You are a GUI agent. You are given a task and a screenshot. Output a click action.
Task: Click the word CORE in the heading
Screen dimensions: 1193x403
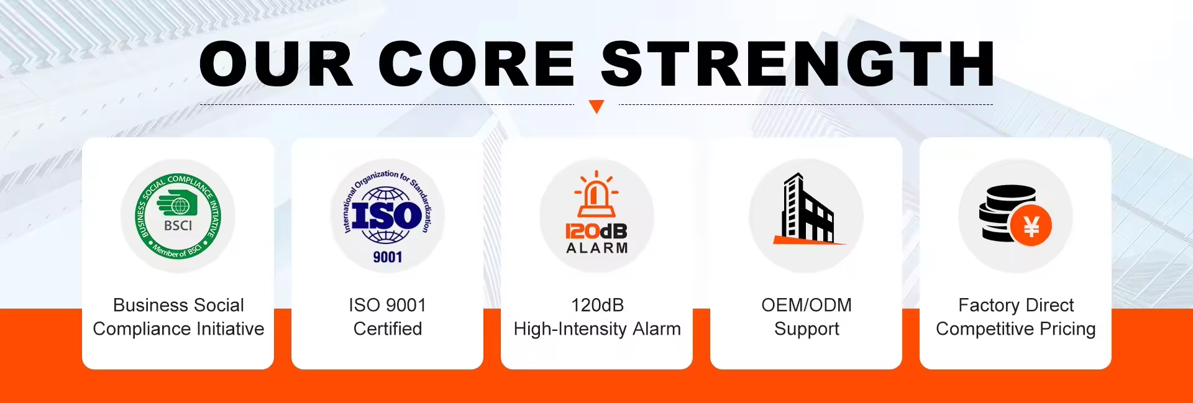click(x=477, y=63)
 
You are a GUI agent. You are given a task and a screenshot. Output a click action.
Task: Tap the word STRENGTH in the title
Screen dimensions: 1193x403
click(x=798, y=63)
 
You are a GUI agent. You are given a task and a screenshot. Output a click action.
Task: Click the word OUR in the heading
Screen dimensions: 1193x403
click(x=276, y=63)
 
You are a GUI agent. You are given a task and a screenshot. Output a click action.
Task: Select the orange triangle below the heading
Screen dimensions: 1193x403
click(x=596, y=106)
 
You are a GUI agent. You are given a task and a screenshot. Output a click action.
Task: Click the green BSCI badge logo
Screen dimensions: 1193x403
click(x=178, y=216)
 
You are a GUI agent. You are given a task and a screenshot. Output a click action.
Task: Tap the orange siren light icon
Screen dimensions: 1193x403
click(x=596, y=194)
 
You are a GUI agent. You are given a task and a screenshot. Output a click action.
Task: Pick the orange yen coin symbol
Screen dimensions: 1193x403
click(x=1031, y=225)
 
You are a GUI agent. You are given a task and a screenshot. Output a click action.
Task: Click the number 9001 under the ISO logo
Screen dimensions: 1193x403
click(x=388, y=257)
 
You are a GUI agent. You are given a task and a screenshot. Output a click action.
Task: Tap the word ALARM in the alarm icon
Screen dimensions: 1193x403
click(x=597, y=248)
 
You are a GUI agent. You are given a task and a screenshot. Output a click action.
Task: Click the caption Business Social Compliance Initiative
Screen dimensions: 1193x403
click(x=178, y=317)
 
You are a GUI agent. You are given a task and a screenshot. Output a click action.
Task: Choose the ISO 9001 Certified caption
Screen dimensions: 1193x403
click(x=388, y=317)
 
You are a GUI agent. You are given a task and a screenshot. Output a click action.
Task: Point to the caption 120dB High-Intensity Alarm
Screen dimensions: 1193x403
click(x=597, y=317)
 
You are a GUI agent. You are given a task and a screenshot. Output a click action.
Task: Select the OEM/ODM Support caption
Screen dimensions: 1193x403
click(x=807, y=317)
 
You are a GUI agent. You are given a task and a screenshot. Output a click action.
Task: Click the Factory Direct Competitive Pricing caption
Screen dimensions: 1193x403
click(x=1016, y=317)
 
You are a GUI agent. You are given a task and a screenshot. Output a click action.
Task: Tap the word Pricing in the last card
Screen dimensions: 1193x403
click(x=1067, y=329)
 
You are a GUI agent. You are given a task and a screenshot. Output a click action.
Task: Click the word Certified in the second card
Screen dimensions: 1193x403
click(x=388, y=328)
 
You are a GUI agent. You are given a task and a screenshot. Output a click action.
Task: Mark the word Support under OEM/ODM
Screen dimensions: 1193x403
click(x=807, y=329)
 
